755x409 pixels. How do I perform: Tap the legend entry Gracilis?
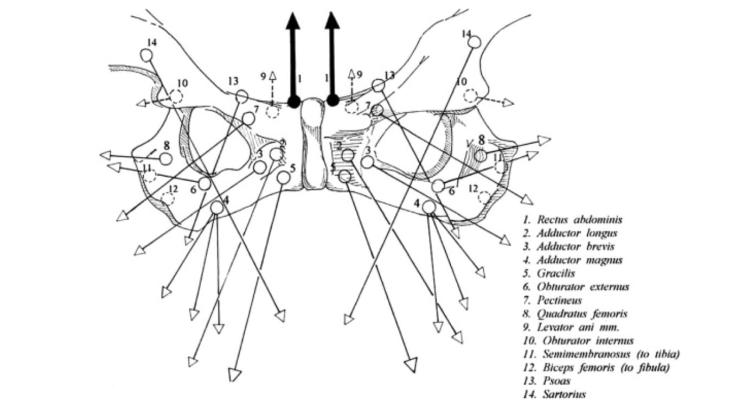(555, 273)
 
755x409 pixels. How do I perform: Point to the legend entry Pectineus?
(559, 300)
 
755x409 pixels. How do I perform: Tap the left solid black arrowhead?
(293, 21)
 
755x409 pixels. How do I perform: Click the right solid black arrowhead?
(332, 21)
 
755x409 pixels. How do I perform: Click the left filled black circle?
(294, 101)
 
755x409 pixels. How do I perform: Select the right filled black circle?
(333, 100)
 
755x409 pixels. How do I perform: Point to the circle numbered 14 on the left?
(146, 55)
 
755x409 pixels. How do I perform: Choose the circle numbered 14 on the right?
(474, 42)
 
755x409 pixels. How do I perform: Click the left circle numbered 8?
(166, 159)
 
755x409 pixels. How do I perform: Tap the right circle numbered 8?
(479, 156)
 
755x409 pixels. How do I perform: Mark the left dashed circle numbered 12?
(167, 198)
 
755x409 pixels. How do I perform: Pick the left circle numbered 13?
(242, 97)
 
